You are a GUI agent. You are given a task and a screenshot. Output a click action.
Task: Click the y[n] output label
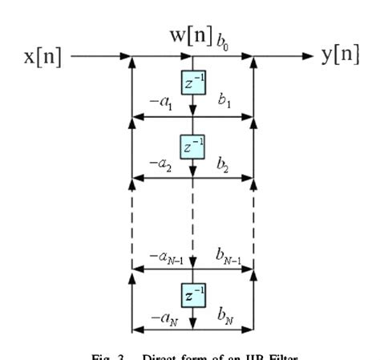point(338,57)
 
